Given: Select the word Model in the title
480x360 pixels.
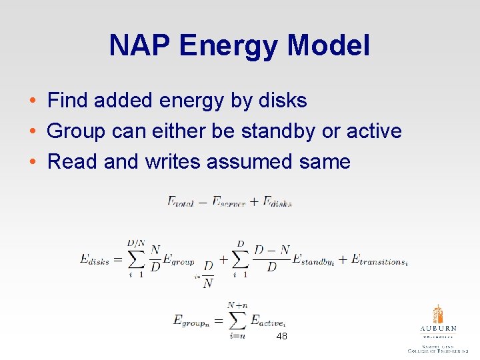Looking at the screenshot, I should tap(329, 46).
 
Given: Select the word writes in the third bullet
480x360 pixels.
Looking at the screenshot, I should tap(173, 161).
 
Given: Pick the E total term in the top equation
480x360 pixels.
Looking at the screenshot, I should tap(179, 201).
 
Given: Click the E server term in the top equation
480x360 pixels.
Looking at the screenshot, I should tap(229, 201).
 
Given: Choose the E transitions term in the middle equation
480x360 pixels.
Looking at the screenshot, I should tap(379, 259).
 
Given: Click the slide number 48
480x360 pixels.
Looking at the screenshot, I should tap(281, 337).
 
